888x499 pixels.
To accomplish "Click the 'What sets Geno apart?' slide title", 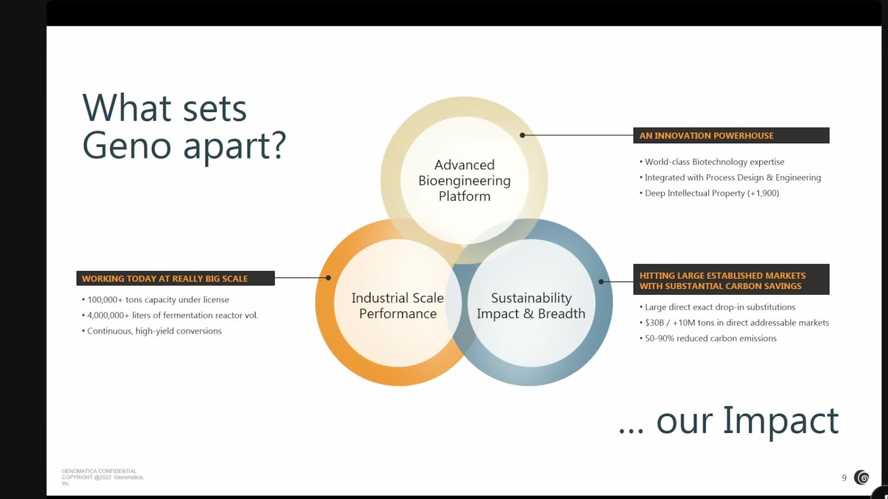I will coord(184,126).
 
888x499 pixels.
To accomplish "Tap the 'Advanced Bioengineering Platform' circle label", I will coord(464,180).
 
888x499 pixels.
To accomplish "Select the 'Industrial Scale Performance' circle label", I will coord(397,305).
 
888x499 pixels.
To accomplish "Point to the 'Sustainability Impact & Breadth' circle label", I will coord(531,305).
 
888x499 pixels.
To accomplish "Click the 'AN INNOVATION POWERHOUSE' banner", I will coord(731,135).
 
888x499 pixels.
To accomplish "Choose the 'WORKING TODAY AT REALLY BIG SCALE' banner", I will coord(175,278).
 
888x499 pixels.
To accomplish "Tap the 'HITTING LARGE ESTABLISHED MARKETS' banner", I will coord(731,280).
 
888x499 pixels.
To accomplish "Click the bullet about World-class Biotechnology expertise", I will coord(714,162).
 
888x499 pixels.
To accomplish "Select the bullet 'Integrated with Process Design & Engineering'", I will coord(733,177).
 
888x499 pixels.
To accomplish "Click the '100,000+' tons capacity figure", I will coord(105,299).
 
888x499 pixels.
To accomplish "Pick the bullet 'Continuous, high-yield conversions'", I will coord(154,331).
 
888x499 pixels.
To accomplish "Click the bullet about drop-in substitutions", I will coord(720,307).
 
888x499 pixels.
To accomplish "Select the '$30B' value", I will coord(654,323).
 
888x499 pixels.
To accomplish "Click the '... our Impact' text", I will coord(728,420).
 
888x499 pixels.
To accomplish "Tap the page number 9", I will coord(844,478).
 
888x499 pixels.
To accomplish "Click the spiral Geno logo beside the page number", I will coord(862,477).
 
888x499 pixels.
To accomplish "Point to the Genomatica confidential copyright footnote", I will coord(103,477).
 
